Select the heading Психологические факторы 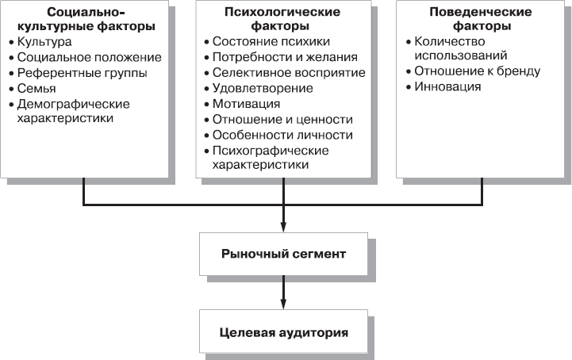283,20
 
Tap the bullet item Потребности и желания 284,57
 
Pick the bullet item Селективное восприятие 288,72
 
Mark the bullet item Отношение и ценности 282,119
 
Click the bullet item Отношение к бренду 478,71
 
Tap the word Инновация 447,86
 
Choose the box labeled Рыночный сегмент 283,255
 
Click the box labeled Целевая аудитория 283,332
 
